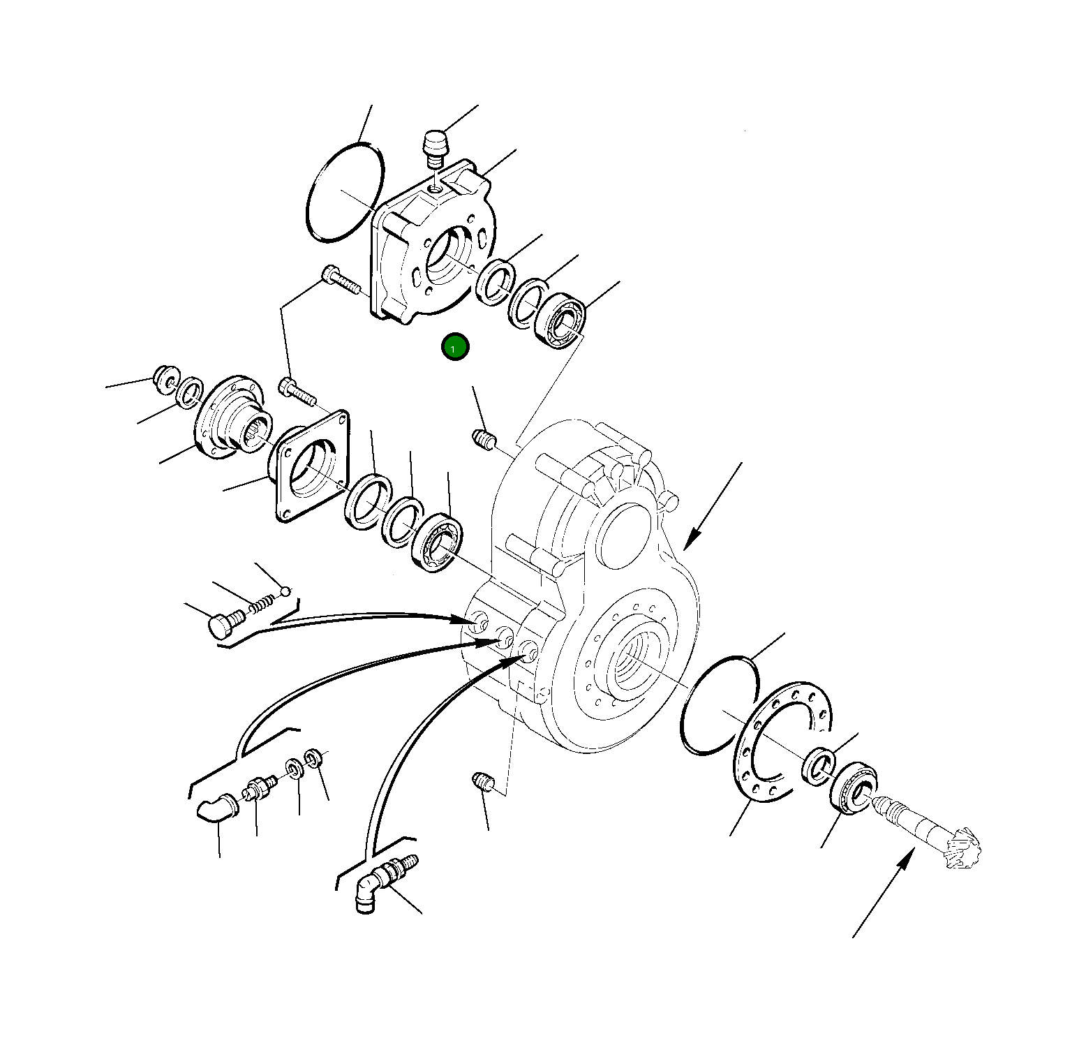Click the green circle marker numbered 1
coord(455,347)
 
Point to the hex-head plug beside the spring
coord(222,623)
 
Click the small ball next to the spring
coord(284,592)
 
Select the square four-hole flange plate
coord(311,466)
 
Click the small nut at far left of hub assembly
coord(166,376)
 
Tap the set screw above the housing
coord(484,440)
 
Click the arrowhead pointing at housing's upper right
coord(690,541)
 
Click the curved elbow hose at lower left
coord(216,809)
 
